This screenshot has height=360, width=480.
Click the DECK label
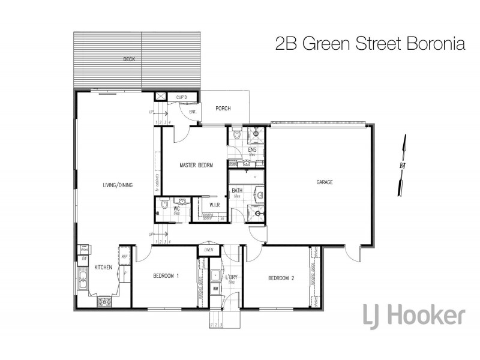[128, 59]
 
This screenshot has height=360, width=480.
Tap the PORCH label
[223, 109]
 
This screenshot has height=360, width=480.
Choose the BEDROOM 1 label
[166, 276]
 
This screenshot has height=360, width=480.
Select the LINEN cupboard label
[209, 249]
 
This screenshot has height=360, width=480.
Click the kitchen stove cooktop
[104, 302]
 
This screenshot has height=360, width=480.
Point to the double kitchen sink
[82, 278]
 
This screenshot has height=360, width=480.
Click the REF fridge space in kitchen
[125, 257]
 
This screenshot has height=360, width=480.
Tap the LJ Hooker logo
[414, 314]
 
